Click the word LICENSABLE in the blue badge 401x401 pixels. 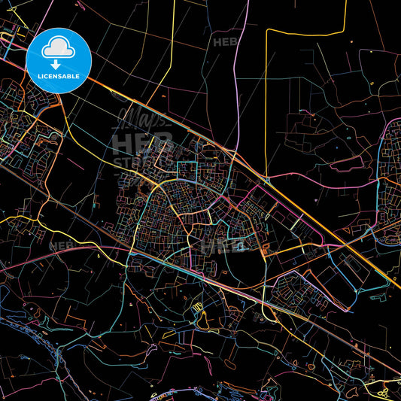pyautogui.click(x=59, y=77)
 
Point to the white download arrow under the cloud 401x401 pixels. pyautogui.click(x=59, y=62)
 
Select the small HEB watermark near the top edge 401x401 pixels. pyautogui.click(x=226, y=42)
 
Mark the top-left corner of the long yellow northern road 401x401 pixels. pyautogui.click(x=267, y=31)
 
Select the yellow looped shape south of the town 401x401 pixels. pyautogui.click(x=197, y=306)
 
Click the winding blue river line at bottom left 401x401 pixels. pyautogui.click(x=30, y=331)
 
